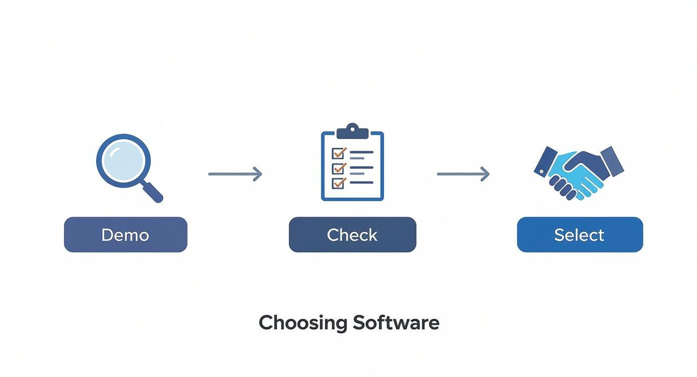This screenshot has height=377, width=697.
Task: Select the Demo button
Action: tap(126, 235)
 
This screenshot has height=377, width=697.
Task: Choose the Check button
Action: tap(352, 235)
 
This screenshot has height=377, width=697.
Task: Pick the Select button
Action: tap(579, 235)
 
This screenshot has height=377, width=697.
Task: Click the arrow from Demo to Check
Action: tap(235, 174)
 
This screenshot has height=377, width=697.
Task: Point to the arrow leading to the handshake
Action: tap(463, 174)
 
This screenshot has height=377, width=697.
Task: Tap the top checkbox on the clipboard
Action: tap(338, 152)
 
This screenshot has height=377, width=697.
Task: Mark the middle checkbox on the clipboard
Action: tap(338, 167)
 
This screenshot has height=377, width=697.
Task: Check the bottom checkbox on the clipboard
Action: tap(338, 182)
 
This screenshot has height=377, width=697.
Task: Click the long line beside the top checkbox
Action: tap(362, 151)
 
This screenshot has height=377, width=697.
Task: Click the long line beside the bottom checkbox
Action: tap(362, 182)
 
